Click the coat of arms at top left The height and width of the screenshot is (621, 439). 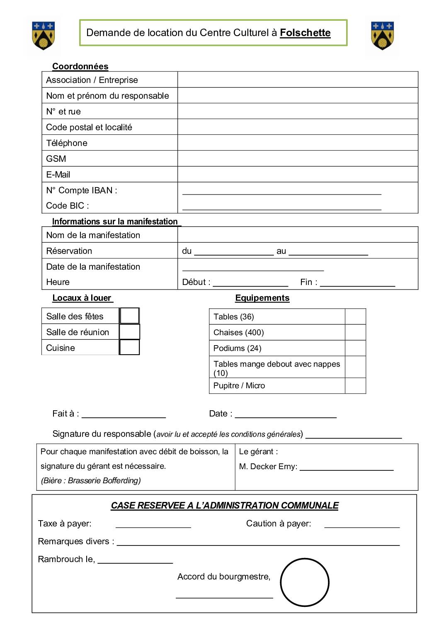(x=44, y=35)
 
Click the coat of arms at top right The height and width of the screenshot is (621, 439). (x=382, y=35)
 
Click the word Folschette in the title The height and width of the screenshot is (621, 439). (x=305, y=33)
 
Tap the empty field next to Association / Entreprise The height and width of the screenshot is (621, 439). (x=297, y=80)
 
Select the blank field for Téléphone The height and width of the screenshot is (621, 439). (x=297, y=143)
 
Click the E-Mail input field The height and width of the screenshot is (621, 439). (x=297, y=174)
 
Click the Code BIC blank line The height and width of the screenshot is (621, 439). (x=281, y=207)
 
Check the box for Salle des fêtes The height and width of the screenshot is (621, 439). (x=129, y=316)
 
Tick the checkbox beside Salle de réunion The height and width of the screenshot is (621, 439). (x=129, y=332)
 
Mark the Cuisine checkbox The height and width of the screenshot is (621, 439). (x=129, y=347)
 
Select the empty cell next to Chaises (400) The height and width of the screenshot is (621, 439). (x=355, y=332)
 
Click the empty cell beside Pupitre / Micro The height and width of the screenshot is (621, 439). (x=355, y=385)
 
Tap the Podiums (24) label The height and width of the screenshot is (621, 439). (x=237, y=348)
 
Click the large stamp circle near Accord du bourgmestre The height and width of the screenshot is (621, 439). (x=305, y=582)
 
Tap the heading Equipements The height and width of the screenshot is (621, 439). (x=262, y=298)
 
